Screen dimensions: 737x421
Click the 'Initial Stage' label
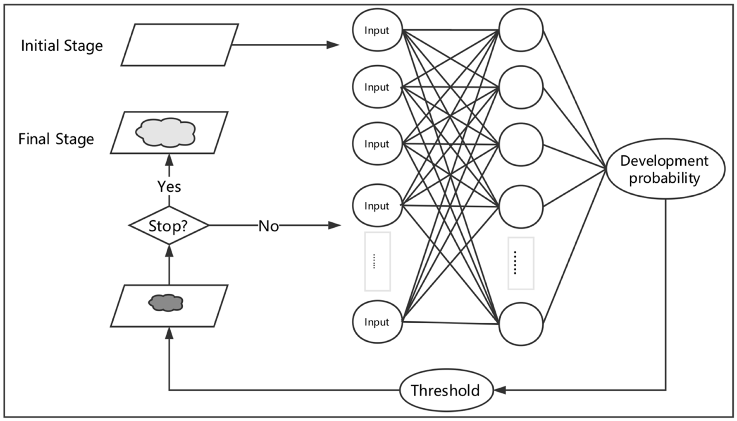coord(62,46)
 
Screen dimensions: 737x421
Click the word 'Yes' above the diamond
coord(169,187)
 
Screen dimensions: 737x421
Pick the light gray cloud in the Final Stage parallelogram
coord(165,132)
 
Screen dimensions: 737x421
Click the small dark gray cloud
coord(165,303)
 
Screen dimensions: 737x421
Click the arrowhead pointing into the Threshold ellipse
coord(500,390)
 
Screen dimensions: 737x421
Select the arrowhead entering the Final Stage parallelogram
coord(169,160)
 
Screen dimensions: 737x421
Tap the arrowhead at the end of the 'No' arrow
coord(335,225)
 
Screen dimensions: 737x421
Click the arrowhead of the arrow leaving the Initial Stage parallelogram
coord(333,45)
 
